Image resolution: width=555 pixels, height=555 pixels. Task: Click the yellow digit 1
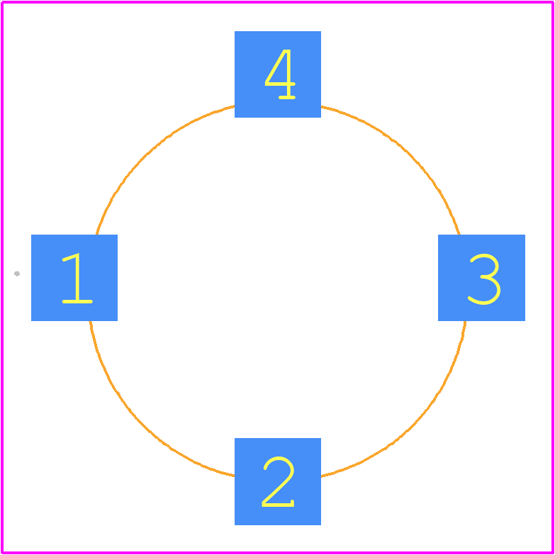click(77, 278)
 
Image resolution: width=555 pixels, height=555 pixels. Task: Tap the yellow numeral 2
click(278, 482)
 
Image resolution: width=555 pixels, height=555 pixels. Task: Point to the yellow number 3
click(484, 279)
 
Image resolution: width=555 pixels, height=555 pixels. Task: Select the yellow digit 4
click(280, 74)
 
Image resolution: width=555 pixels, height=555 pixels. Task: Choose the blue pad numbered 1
click(74, 278)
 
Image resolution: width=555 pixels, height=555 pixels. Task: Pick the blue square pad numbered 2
click(278, 481)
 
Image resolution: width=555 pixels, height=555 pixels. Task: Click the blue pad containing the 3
click(481, 278)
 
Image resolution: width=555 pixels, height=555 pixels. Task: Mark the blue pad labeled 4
click(278, 74)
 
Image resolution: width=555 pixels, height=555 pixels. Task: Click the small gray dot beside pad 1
click(16, 274)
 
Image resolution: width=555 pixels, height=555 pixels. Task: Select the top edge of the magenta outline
click(278, 2)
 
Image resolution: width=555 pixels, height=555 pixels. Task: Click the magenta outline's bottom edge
click(278, 553)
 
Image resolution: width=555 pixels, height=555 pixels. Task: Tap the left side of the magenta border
click(2, 278)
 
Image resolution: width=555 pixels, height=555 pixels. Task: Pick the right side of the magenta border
click(553, 278)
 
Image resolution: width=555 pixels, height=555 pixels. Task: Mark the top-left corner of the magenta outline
click(2, 2)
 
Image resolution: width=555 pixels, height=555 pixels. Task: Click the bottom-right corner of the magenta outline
click(553, 553)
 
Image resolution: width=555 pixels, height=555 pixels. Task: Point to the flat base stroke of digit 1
click(77, 301)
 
